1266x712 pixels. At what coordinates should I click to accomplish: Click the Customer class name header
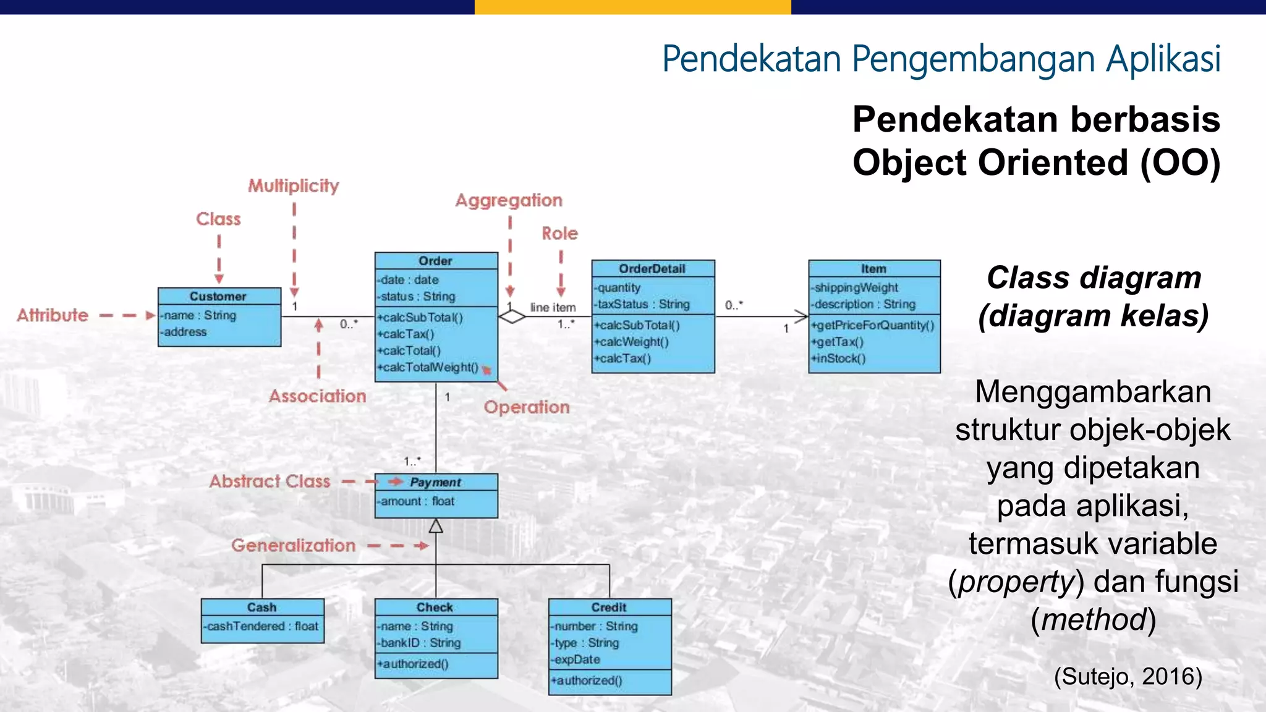point(218,297)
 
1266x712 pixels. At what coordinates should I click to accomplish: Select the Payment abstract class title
point(436,482)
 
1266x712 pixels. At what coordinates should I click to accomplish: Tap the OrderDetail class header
point(652,269)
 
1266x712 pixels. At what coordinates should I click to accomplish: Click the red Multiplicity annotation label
point(294,185)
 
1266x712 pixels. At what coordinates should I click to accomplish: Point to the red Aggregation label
point(509,200)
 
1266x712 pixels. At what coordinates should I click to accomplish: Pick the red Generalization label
point(294,545)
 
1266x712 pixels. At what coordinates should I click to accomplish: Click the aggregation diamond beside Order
point(512,317)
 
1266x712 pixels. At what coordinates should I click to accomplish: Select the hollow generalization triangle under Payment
point(436,526)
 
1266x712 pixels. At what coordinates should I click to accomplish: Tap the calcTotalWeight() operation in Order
point(430,367)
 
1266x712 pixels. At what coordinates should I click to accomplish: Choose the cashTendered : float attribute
point(263,626)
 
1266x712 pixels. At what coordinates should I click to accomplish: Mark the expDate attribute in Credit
point(577,659)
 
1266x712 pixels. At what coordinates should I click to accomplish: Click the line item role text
point(553,307)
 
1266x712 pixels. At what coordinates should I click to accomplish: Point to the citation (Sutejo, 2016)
point(1128,676)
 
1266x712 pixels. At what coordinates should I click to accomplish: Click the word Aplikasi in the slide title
point(1163,59)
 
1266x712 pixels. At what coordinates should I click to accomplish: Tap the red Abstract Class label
point(270,481)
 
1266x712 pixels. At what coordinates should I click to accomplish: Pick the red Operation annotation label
point(527,407)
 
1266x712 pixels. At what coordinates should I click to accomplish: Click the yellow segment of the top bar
point(632,7)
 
